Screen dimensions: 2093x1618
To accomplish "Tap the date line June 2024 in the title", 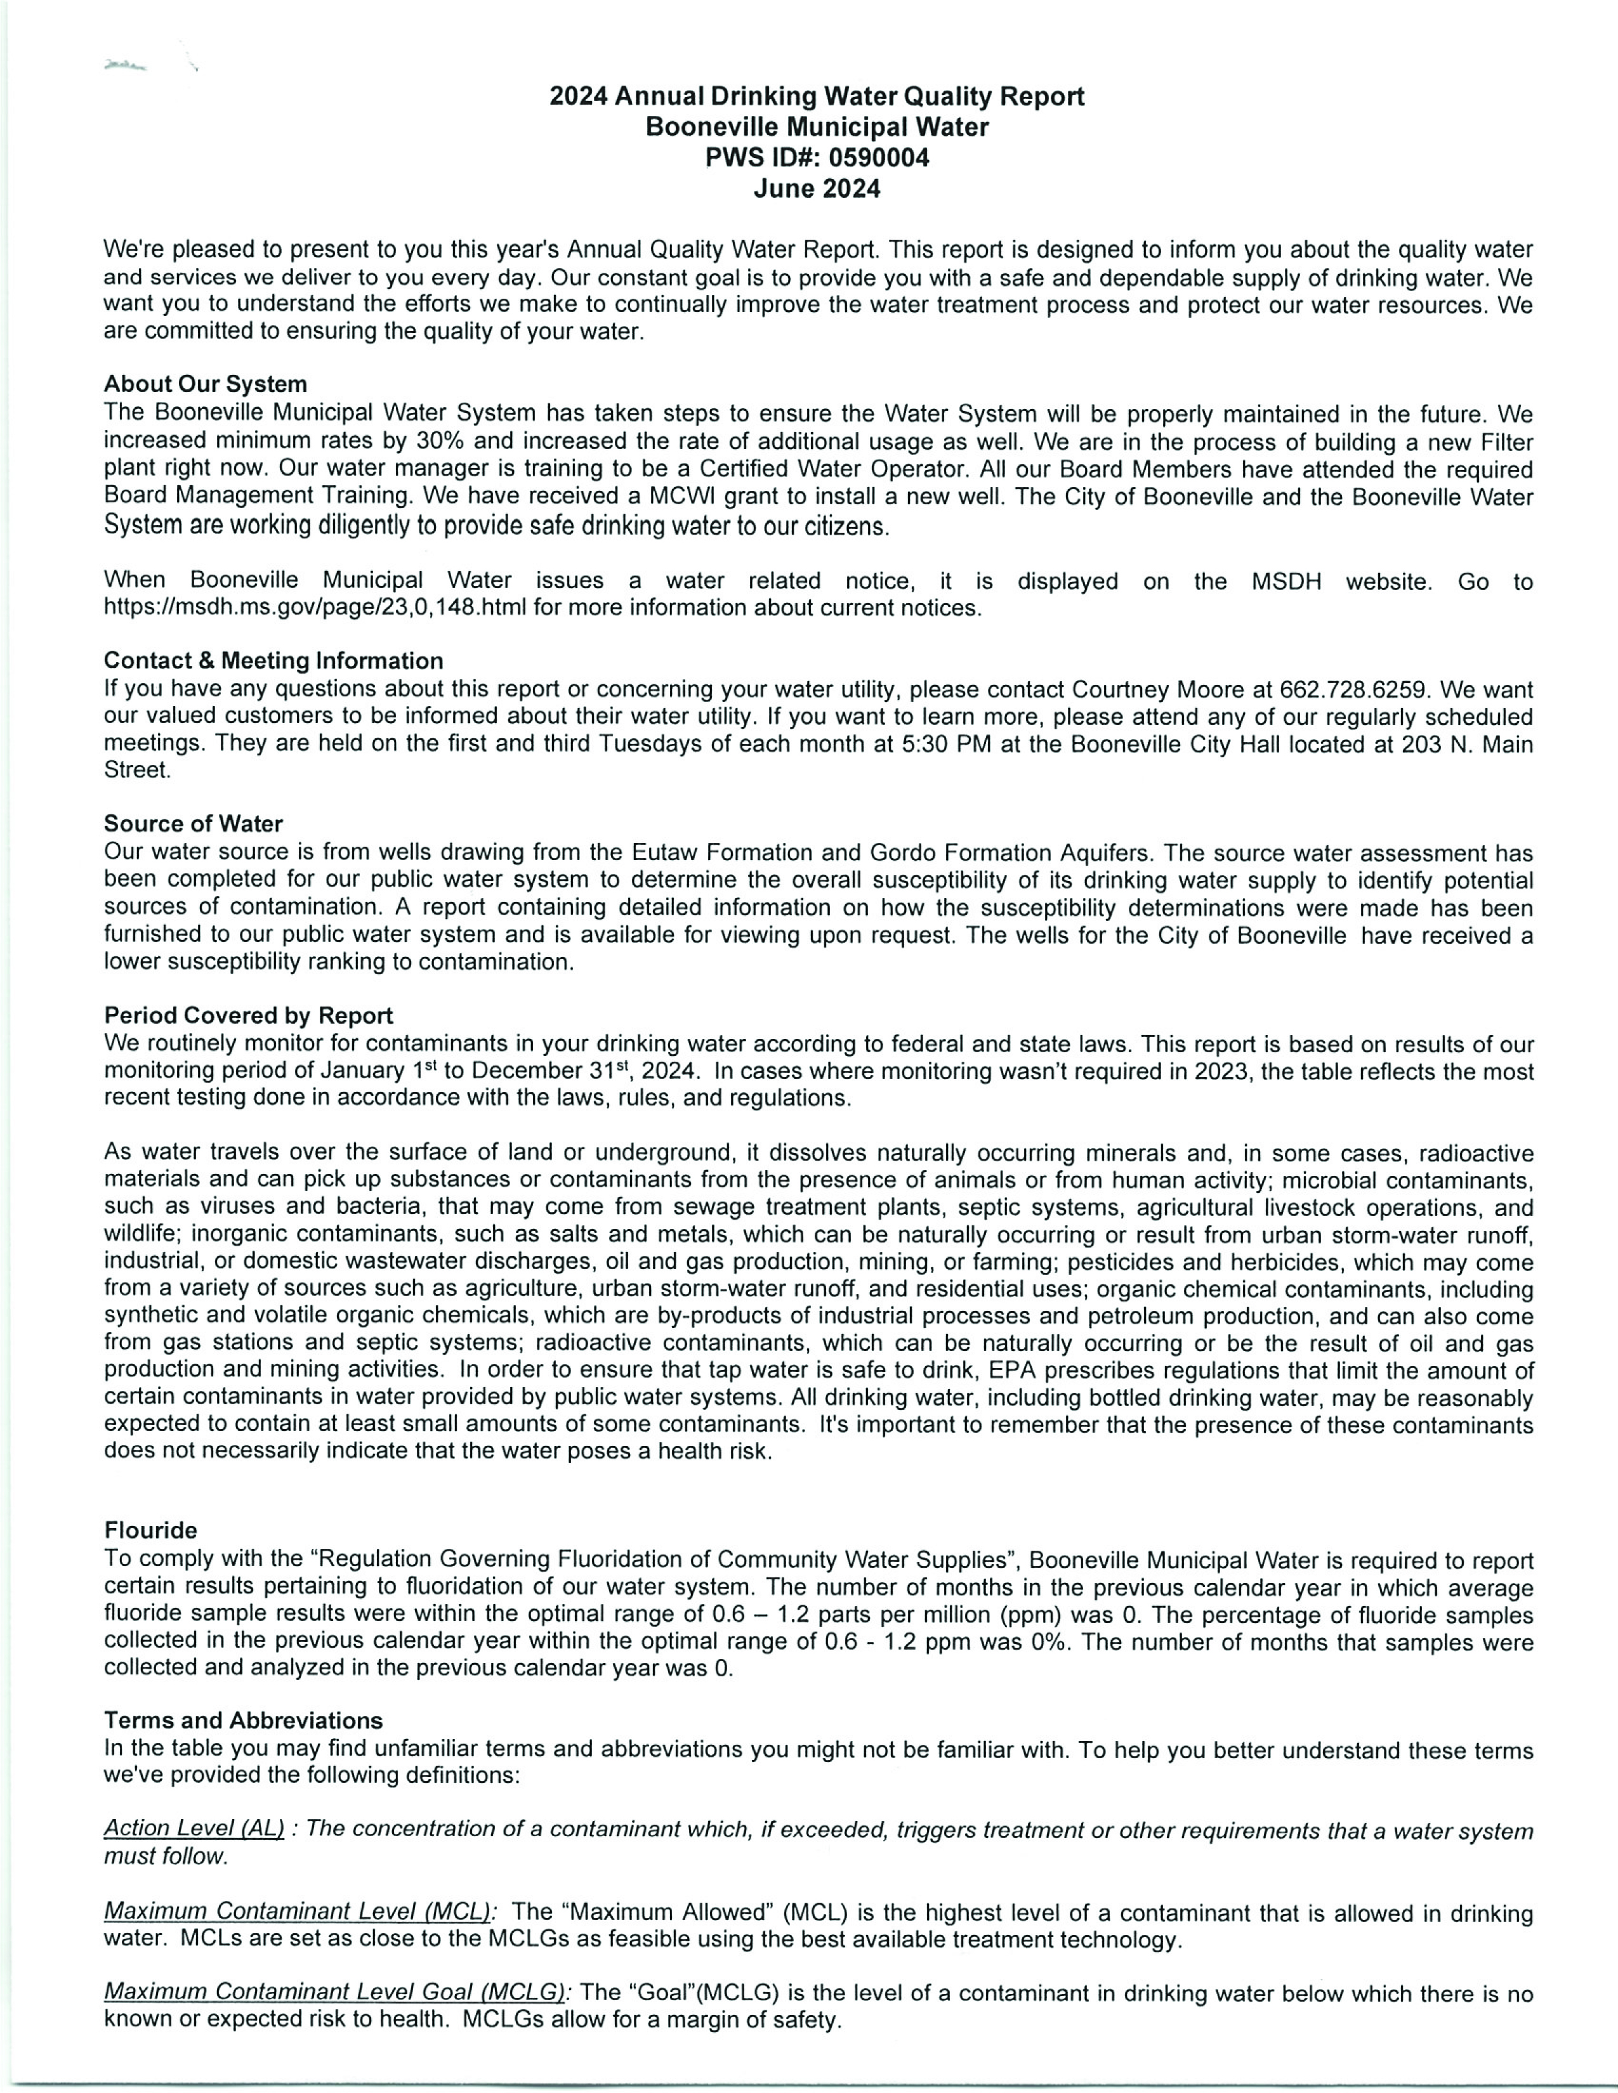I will pos(817,189).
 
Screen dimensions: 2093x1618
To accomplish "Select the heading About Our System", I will pos(205,384).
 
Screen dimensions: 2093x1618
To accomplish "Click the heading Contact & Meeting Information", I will pos(273,660).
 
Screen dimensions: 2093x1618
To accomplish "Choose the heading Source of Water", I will pos(193,823).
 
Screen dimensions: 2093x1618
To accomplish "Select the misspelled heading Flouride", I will pos(150,1530).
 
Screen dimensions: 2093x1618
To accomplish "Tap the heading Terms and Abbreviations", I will pos(242,1720).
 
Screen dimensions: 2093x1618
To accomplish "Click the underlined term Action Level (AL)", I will pos(194,1829).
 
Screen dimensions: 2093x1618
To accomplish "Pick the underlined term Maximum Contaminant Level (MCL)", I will pos(297,1912).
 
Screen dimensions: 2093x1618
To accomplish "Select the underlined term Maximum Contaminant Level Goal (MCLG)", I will pos(334,1992).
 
